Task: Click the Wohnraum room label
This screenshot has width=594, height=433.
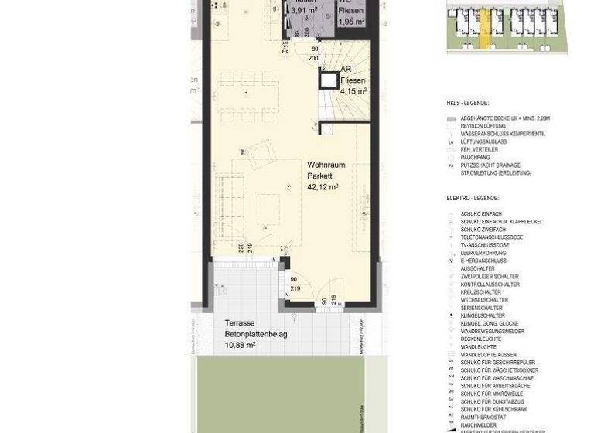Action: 326,165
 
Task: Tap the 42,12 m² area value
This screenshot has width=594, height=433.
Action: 323,187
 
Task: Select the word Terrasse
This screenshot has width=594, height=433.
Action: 241,323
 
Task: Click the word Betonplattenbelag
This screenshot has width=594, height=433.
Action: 256,334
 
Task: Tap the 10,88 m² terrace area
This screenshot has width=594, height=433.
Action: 240,345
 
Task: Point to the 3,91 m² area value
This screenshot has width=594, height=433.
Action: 304,11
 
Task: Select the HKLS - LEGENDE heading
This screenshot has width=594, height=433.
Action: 467,103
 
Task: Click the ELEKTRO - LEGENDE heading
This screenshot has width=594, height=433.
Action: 473,199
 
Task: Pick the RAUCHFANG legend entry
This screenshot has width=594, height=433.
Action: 475,158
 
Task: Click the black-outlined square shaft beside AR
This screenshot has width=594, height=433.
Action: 329,80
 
